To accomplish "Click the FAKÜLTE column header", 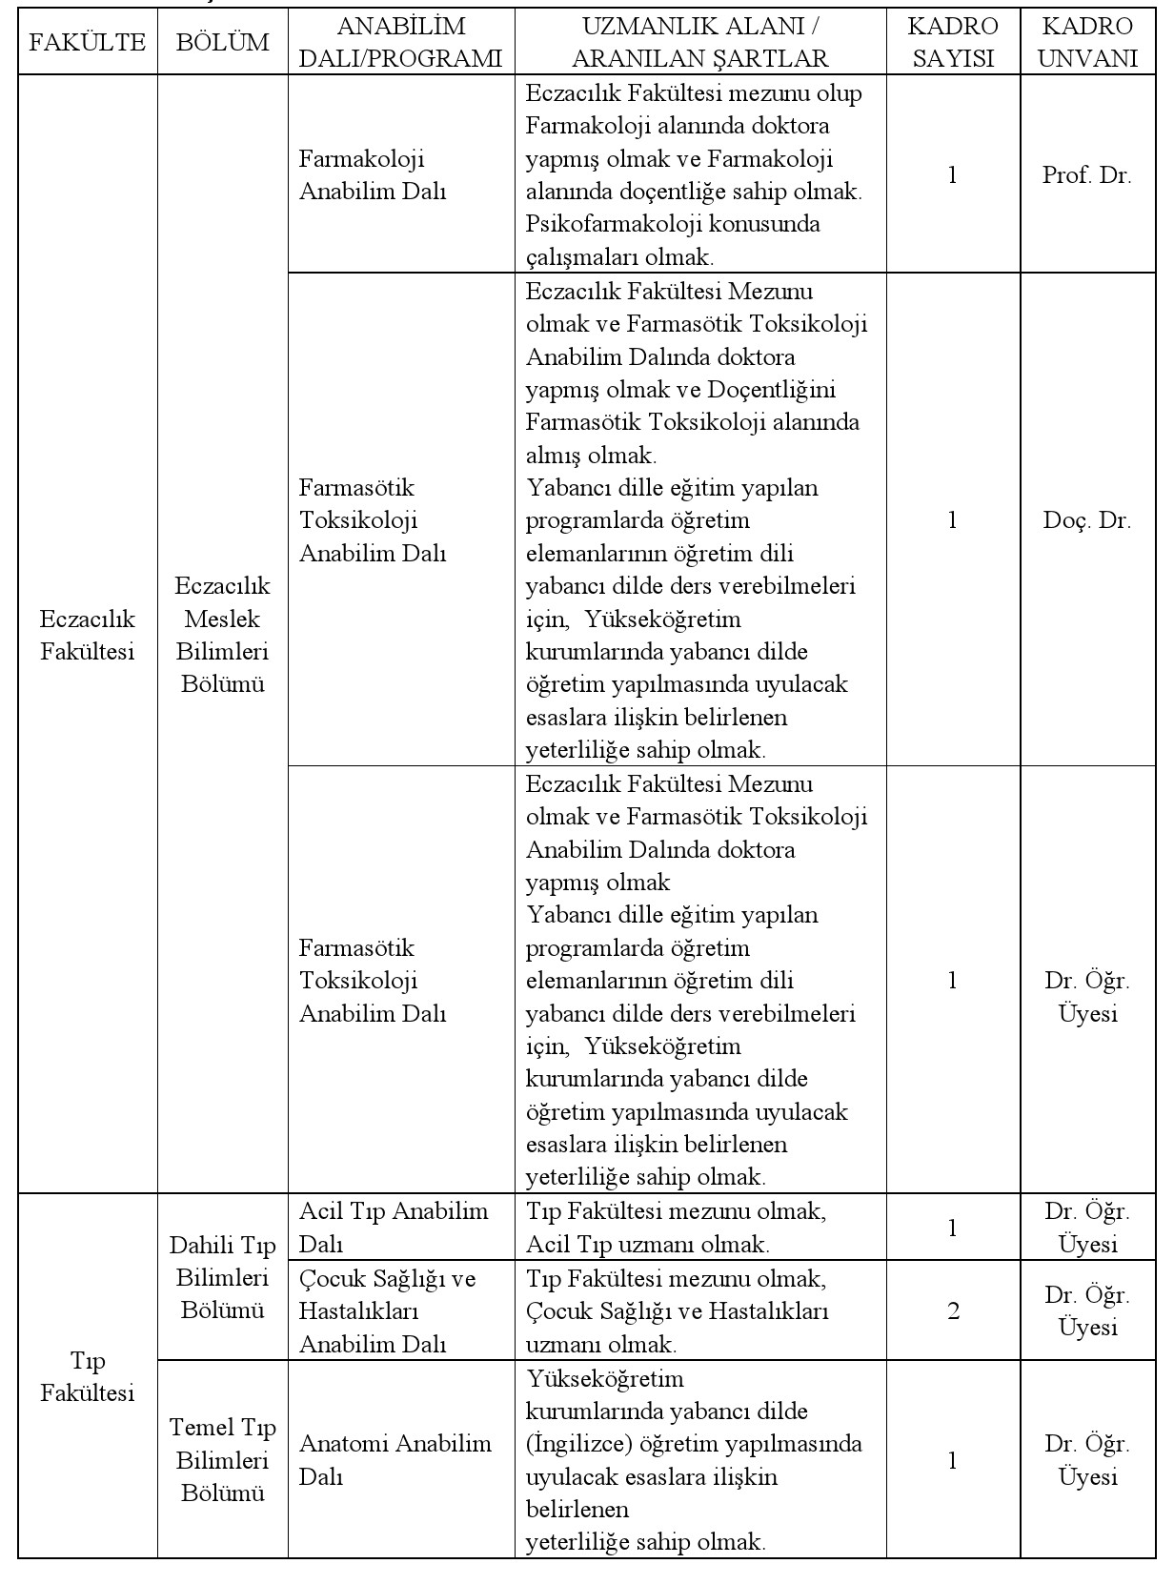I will coord(87,42).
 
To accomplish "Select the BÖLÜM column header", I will coord(223,42).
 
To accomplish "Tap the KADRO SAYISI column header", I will coord(953,42).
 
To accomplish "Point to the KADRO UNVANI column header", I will coord(1087,42).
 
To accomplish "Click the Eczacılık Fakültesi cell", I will coord(87,635).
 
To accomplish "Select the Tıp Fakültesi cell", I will coord(87,1376).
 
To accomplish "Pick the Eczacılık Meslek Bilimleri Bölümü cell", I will coord(223,635).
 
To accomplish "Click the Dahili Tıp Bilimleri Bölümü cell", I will coord(223,1277).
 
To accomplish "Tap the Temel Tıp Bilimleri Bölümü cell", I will coord(223,1459).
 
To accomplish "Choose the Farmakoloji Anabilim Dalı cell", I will coord(373,174).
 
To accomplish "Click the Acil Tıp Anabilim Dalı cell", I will coord(394,1228).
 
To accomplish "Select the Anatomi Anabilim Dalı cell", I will coord(395,1459).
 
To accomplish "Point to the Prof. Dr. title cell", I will coord(1087,175).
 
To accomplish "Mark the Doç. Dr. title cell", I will coord(1087,520).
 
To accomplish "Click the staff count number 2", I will coord(953,1310).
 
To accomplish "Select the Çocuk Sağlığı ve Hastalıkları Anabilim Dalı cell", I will coord(388,1310).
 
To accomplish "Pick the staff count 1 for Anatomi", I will coord(953,1460).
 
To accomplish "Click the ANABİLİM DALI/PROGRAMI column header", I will coord(400,42).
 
